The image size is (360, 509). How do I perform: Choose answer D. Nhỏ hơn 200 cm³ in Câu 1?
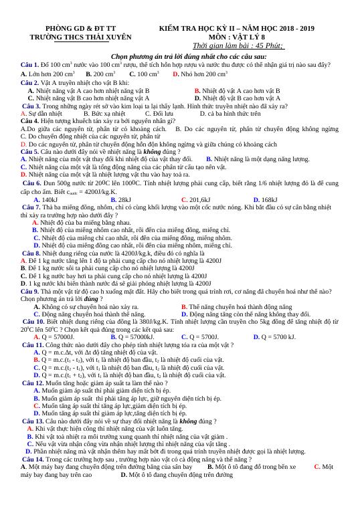pyautogui.click(x=200, y=74)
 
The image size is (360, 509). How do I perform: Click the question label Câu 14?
pyautogui.click(x=36, y=460)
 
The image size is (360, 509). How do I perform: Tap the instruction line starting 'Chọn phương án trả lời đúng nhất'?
pyautogui.click(x=179, y=57)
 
